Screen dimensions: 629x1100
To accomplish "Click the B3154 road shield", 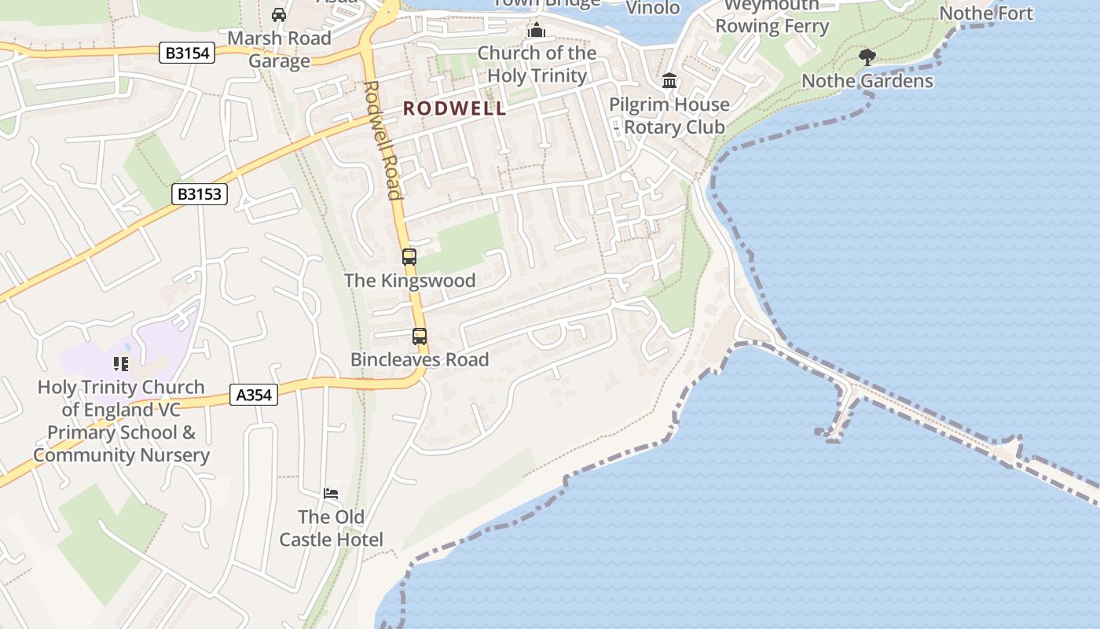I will pos(188,53).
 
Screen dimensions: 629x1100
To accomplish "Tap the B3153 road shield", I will pos(200,194).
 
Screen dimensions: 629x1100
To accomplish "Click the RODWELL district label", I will pos(455,109).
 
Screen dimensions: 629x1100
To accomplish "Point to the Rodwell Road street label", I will pos(383,140).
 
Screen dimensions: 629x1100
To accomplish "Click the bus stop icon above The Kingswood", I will pos(409,256).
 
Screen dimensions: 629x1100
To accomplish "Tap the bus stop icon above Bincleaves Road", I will pos(420,337).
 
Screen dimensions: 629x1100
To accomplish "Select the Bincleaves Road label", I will pos(420,359).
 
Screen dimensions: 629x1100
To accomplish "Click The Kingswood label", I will pos(409,281).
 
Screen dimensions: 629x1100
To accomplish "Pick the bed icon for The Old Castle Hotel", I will pos(331,494).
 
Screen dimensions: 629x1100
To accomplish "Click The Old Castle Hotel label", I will pos(332,528).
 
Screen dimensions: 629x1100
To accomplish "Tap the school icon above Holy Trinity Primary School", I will pos(121,363).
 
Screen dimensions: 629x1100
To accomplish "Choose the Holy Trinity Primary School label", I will pos(121,421).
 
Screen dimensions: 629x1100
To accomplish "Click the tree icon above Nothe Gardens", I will pos(867,57).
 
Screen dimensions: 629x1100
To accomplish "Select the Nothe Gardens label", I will pos(867,81).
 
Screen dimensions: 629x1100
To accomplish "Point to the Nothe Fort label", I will pos(986,13).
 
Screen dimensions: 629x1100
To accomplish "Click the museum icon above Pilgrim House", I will pos(669,81).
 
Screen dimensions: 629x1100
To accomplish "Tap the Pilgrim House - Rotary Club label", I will pos(669,116).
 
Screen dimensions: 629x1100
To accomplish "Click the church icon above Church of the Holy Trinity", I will pos(537,31).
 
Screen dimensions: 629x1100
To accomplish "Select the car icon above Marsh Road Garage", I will pos(279,14).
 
